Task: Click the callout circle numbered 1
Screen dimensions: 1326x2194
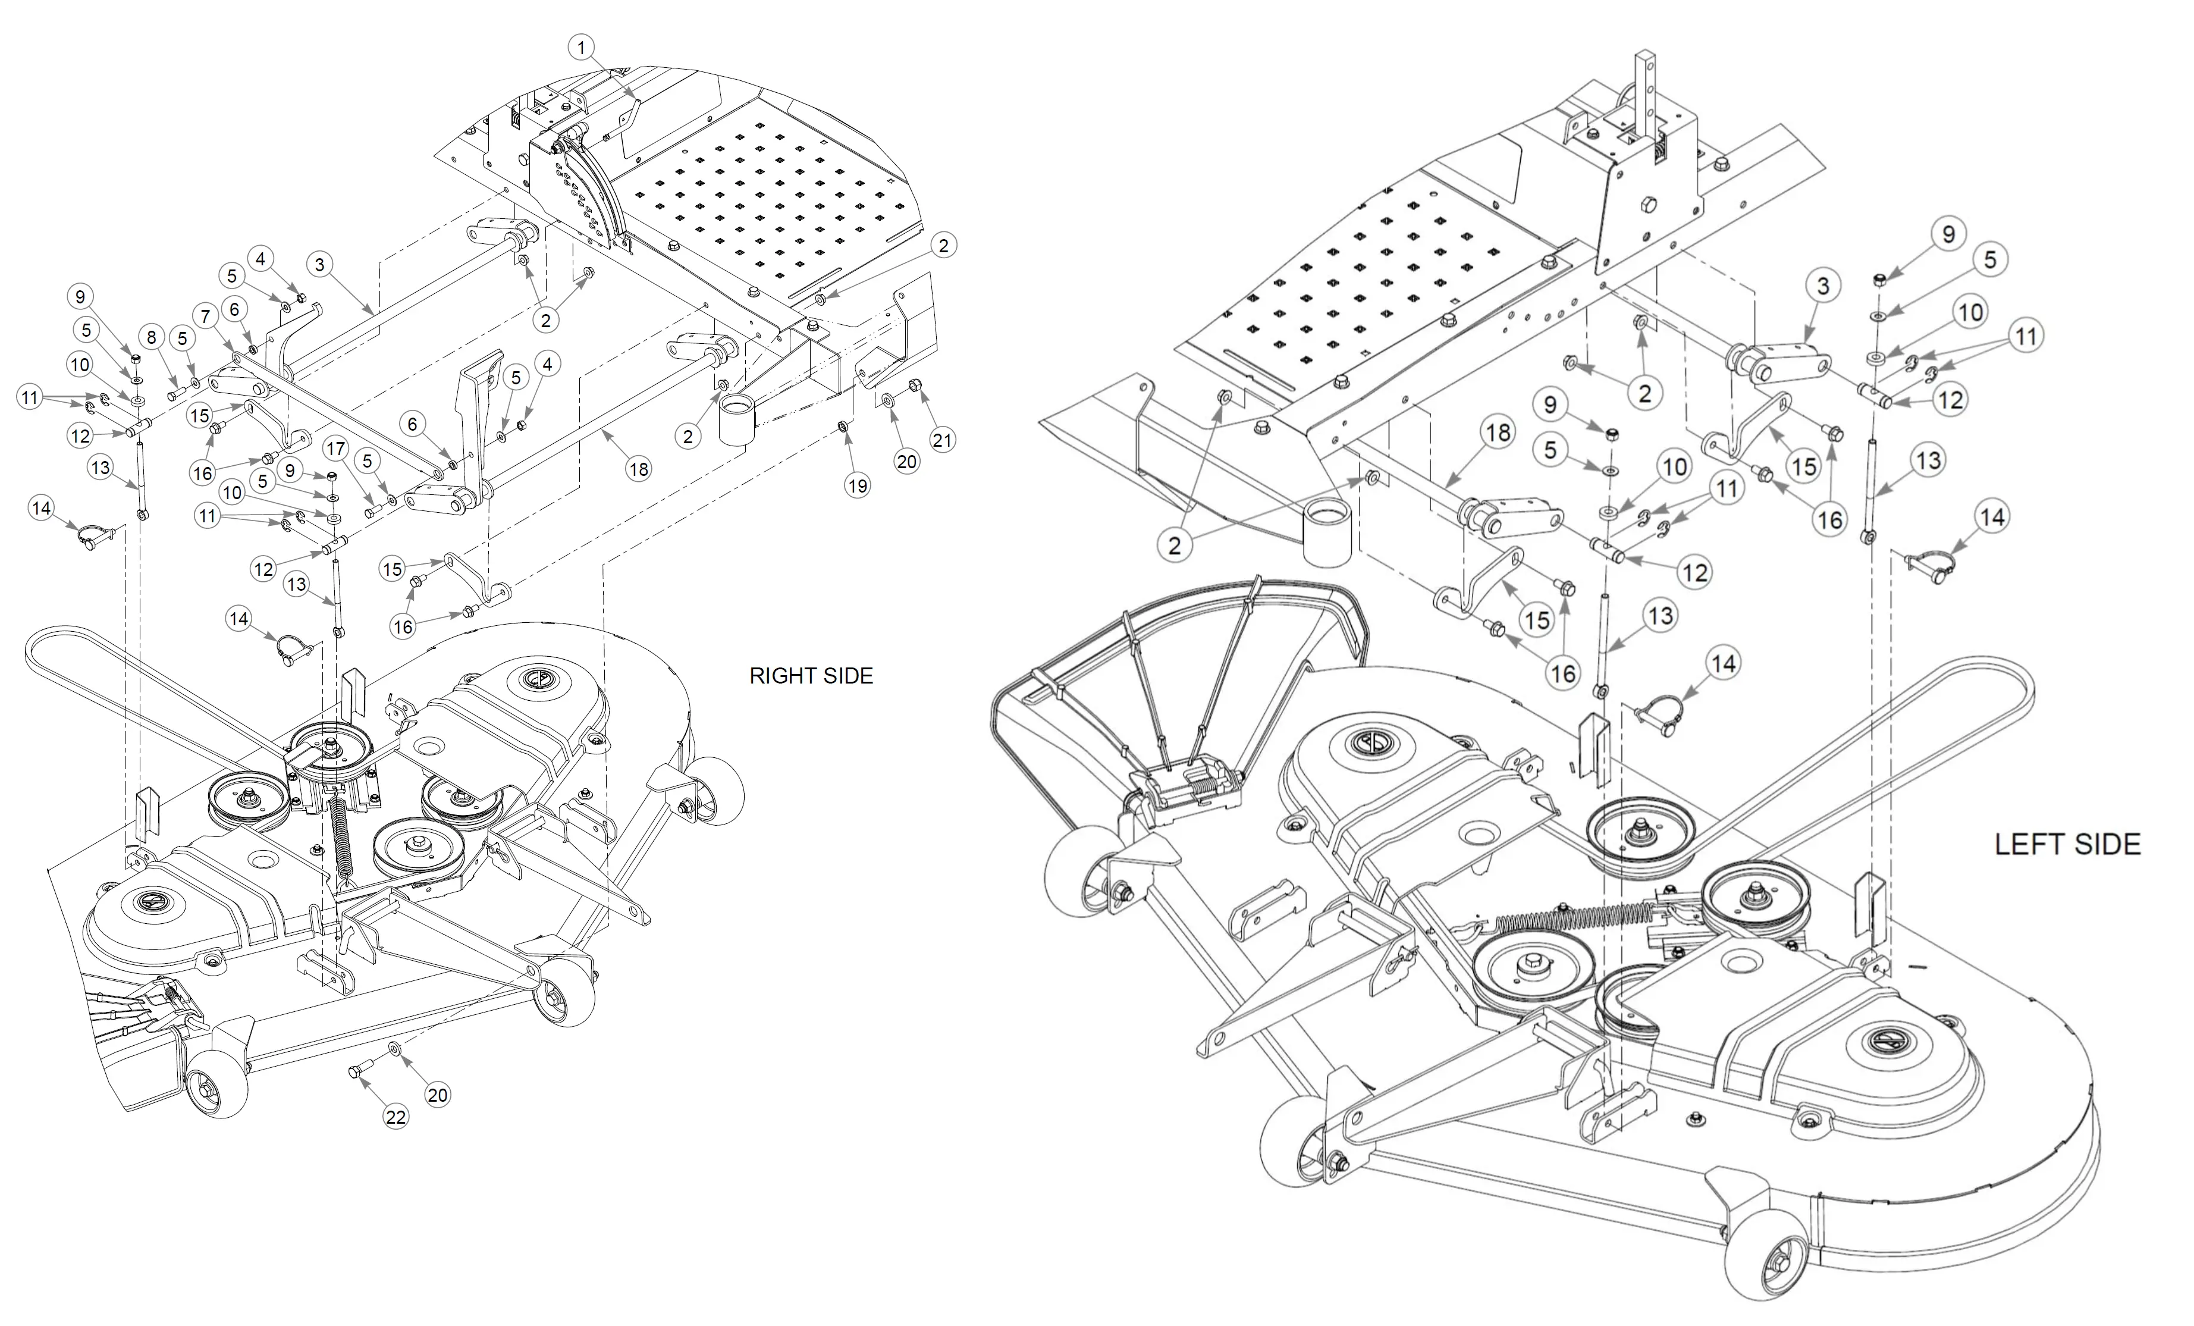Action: (582, 47)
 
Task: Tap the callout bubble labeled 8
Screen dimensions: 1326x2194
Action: (152, 337)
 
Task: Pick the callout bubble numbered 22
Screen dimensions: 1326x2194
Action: (396, 1117)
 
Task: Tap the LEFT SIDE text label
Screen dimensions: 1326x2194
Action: (2067, 844)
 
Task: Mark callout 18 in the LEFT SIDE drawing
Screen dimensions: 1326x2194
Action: (1499, 433)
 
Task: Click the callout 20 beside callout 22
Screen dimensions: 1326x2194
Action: (437, 1095)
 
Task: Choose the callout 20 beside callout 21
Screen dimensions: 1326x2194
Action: (906, 461)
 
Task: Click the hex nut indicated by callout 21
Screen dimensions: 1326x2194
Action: (915, 385)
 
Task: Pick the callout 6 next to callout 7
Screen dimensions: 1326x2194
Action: (234, 309)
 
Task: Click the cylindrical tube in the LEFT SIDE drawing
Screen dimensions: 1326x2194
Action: (1327, 532)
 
